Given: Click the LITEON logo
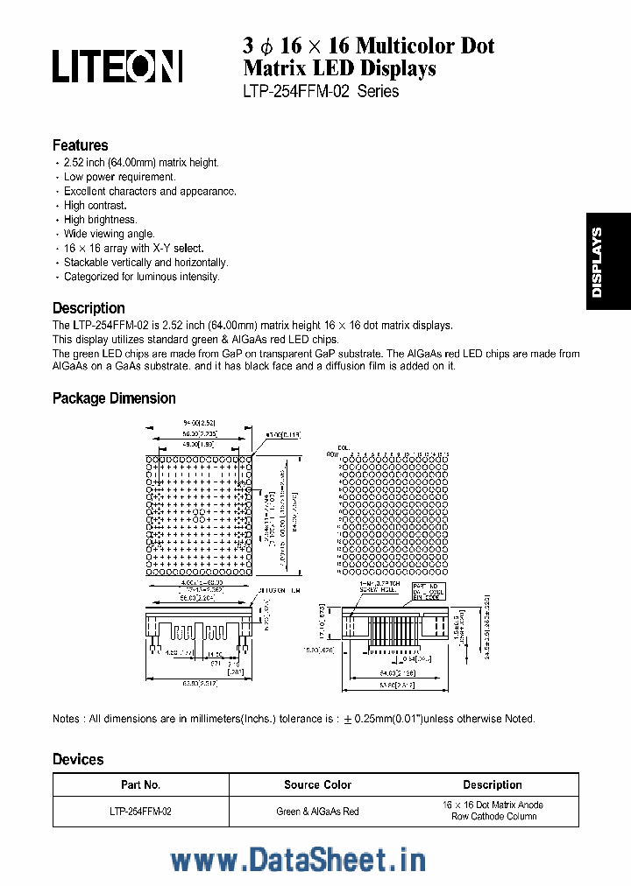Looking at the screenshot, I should tap(117, 66).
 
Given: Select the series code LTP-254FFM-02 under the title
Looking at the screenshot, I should tap(297, 91).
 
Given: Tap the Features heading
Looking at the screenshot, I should tap(80, 145).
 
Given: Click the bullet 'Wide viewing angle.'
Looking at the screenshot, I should tap(109, 234).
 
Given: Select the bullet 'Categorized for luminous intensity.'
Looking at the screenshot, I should tap(141, 277).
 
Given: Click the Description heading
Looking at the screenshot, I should tap(89, 308).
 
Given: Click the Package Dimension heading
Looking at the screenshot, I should tap(114, 398).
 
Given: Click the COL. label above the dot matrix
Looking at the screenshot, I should tap(344, 447).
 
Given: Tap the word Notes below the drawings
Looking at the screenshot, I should tap(67, 719).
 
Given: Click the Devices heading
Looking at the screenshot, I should tap(78, 760).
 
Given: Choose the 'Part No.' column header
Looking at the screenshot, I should tap(140, 785).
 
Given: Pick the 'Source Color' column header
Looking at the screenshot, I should tap(317, 785).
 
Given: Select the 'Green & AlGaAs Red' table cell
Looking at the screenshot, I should tap(317, 812).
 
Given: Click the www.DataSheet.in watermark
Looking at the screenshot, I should tap(298, 860).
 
